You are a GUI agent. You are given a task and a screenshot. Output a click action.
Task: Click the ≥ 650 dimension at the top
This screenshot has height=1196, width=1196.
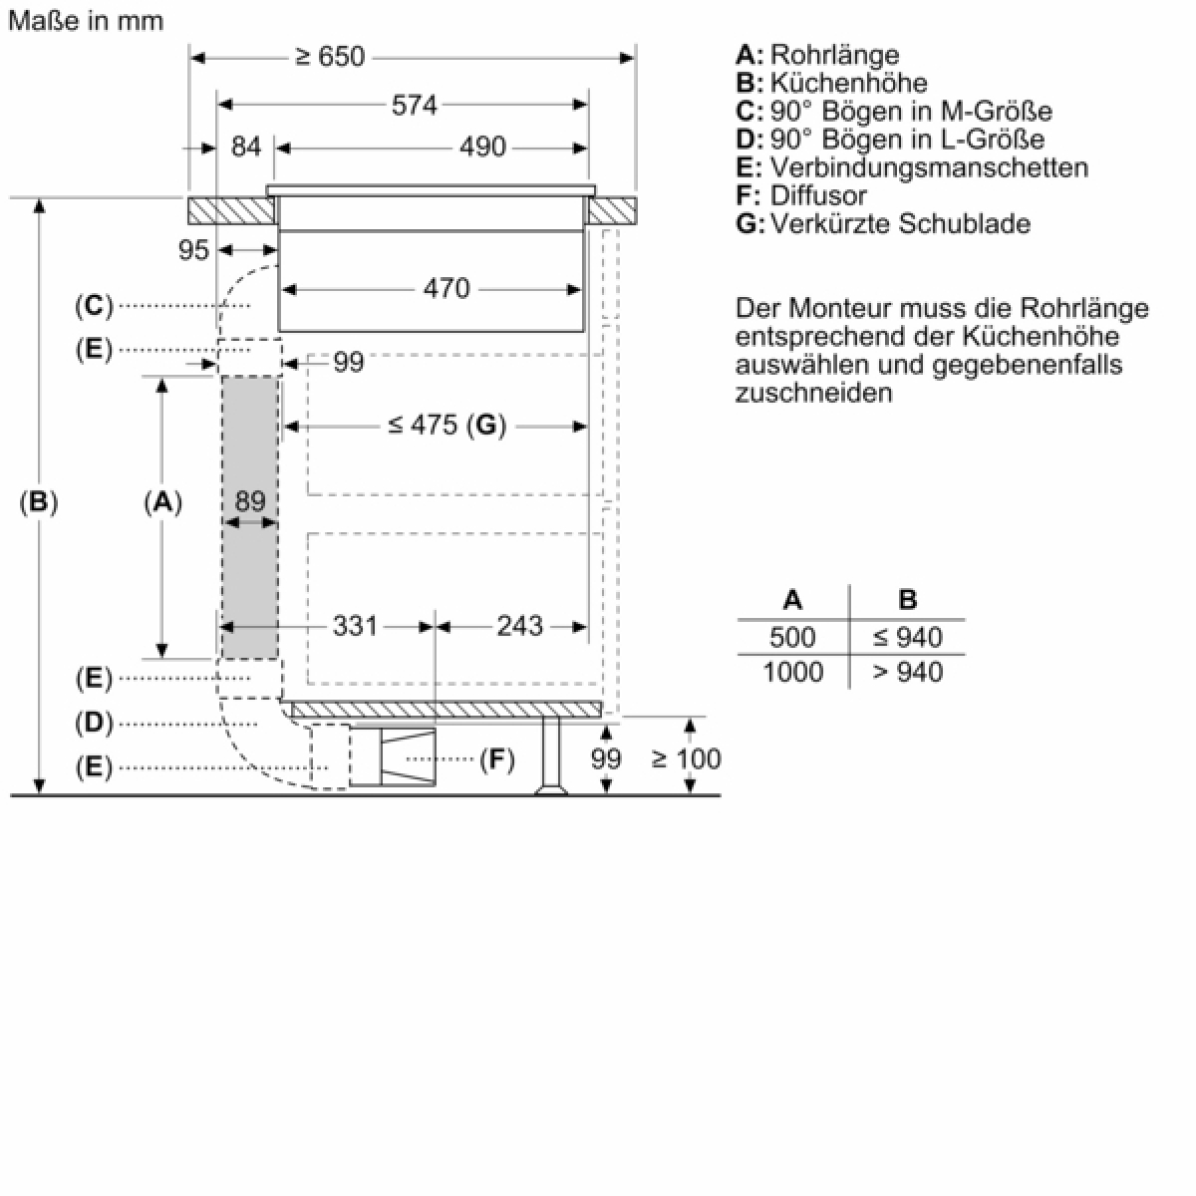(x=330, y=57)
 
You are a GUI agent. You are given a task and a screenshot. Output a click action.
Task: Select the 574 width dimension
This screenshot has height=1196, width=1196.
(x=414, y=105)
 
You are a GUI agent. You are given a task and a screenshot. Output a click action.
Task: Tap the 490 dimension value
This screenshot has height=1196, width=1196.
(x=482, y=148)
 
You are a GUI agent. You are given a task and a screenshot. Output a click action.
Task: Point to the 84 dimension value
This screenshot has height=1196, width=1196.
(x=246, y=148)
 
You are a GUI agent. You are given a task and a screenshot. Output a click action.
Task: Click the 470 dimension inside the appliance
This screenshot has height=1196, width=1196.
(x=447, y=289)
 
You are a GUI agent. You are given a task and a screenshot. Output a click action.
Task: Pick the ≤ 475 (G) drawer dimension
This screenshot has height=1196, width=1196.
(x=447, y=426)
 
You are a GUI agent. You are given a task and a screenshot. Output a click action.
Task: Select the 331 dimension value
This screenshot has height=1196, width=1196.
(x=355, y=626)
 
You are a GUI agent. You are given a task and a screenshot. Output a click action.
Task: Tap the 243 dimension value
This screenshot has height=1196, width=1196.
(x=519, y=626)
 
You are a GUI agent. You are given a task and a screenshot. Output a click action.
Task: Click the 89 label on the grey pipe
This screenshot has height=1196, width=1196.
(x=250, y=501)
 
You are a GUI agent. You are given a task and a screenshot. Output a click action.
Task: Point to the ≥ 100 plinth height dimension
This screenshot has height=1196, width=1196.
(x=686, y=758)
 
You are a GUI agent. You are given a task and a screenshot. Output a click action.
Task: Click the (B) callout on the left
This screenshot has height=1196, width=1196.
(x=39, y=501)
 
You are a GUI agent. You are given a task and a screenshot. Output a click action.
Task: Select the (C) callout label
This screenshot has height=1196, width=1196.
(x=95, y=306)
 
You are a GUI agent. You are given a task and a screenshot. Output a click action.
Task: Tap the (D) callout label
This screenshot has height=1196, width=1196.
(x=95, y=724)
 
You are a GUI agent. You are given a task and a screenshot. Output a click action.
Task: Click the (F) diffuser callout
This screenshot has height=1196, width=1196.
(x=497, y=759)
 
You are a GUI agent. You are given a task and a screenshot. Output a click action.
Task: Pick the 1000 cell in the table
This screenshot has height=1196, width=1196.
(x=792, y=672)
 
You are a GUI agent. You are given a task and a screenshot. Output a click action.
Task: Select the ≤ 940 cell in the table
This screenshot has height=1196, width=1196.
(x=907, y=638)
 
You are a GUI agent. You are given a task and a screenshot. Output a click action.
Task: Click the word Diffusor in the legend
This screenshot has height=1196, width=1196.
(x=818, y=195)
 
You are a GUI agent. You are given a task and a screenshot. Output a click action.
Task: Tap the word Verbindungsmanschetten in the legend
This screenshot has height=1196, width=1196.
(x=929, y=167)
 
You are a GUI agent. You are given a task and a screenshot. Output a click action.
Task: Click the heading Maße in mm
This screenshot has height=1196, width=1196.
(x=87, y=21)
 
